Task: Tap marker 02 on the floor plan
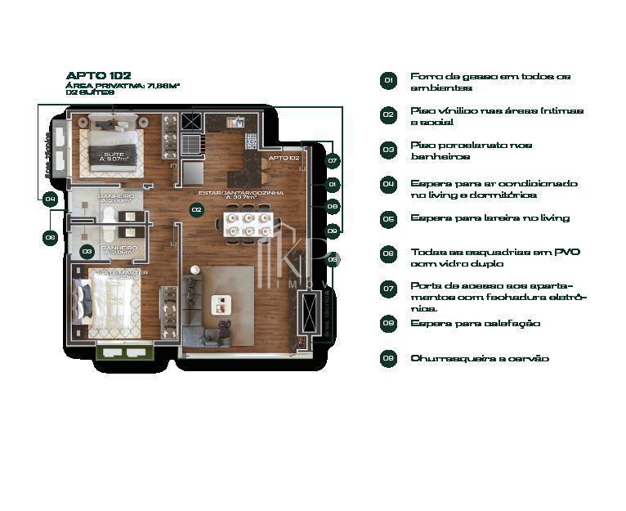click(x=196, y=210)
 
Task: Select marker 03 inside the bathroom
click(x=87, y=251)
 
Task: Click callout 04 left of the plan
click(x=50, y=199)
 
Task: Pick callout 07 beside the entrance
click(x=333, y=161)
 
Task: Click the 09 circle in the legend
click(x=388, y=359)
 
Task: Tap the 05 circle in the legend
click(x=388, y=219)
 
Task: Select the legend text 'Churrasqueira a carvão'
click(x=479, y=359)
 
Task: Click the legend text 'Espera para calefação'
click(x=475, y=324)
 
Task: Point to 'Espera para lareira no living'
click(x=490, y=218)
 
